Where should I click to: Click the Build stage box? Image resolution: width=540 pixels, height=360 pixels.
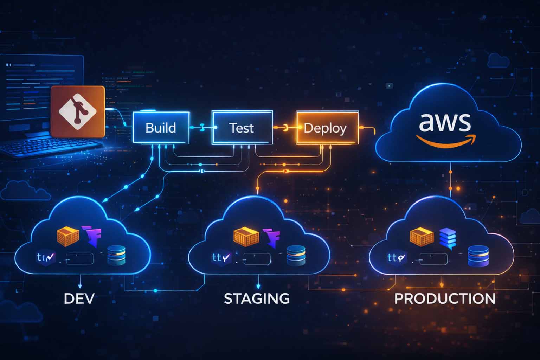click(161, 128)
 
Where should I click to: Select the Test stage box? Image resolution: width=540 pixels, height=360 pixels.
click(242, 128)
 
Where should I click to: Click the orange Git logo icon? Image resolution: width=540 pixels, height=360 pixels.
click(78, 111)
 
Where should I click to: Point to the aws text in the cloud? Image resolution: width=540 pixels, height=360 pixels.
click(445, 122)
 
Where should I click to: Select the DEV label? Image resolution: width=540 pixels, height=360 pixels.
click(79, 299)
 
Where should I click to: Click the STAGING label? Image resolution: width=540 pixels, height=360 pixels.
click(257, 299)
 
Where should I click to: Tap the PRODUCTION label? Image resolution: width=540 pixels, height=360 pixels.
click(445, 299)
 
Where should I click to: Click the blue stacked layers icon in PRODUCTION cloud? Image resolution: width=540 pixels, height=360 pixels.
click(448, 238)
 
